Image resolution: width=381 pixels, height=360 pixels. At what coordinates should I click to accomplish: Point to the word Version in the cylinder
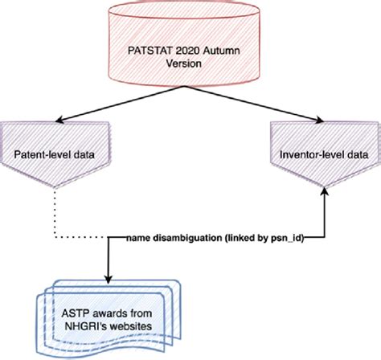190,67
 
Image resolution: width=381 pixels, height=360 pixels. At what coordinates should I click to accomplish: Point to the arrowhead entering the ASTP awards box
109,276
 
